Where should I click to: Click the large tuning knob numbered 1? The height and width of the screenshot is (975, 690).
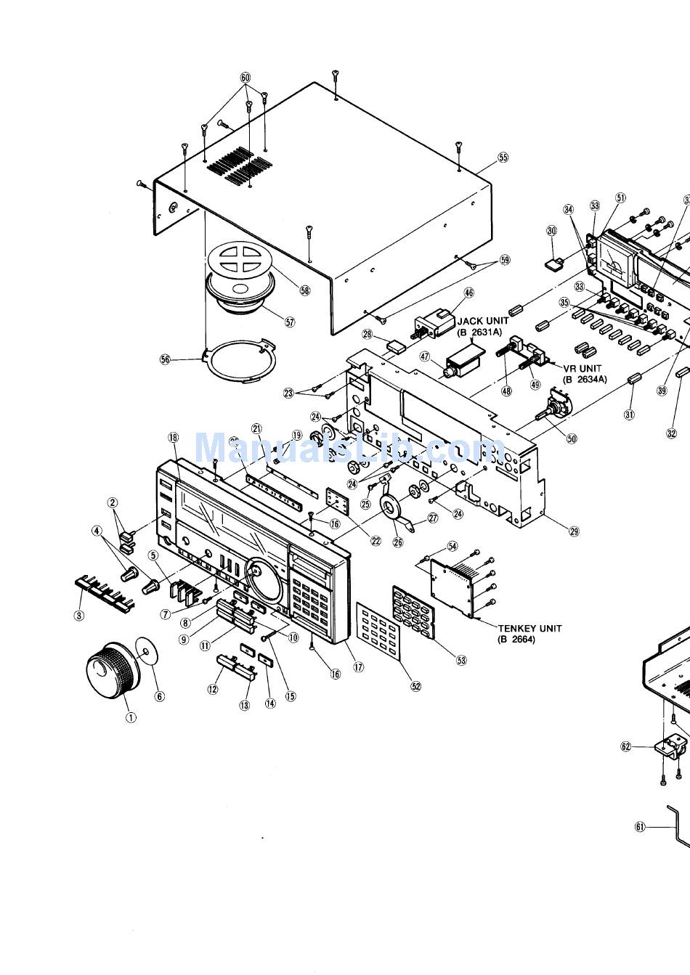[111, 667]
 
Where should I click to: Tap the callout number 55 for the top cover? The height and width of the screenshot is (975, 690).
[503, 157]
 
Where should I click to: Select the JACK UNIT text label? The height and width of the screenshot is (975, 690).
[483, 320]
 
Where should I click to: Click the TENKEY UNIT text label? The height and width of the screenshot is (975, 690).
[529, 629]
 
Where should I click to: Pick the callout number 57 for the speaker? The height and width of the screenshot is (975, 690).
[290, 322]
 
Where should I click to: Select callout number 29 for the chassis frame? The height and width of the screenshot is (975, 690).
[574, 531]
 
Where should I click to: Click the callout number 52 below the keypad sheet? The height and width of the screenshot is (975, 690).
[415, 686]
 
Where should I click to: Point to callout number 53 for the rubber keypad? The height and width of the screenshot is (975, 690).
[461, 660]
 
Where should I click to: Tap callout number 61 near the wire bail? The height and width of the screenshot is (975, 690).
[640, 826]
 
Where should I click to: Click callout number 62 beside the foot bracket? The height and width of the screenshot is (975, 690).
[626, 746]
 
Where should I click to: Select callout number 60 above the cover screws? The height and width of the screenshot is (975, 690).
[245, 78]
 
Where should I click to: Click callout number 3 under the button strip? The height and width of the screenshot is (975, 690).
[79, 616]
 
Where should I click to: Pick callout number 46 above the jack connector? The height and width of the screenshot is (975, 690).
[468, 293]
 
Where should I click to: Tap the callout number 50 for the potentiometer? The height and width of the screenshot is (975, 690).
[572, 438]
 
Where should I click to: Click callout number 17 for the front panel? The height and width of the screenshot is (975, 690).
[358, 667]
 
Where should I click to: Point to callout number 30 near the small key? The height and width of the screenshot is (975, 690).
[552, 230]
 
